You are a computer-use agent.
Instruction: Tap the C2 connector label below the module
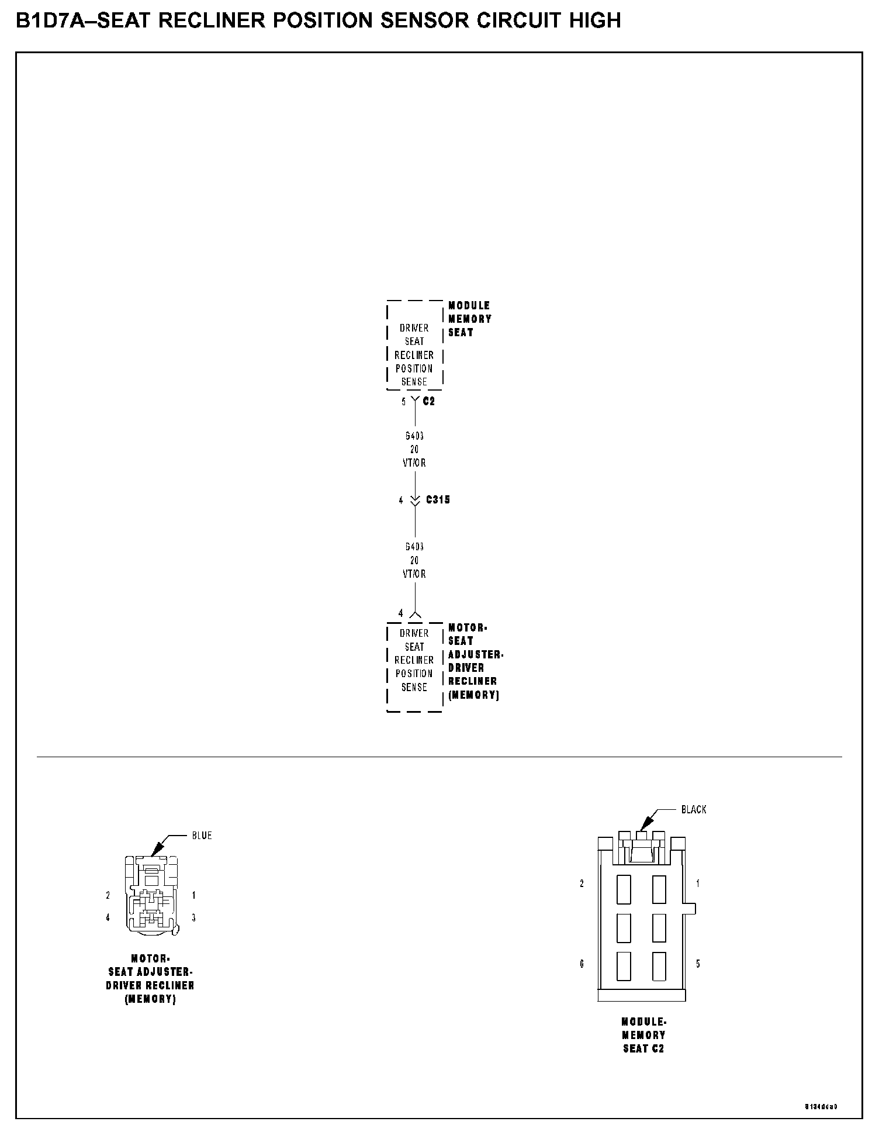tap(429, 401)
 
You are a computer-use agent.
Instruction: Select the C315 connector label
tap(438, 500)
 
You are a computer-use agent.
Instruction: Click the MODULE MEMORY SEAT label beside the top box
tap(469, 319)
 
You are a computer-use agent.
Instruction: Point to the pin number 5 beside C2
tap(403, 402)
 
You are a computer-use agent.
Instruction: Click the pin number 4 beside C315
tap(401, 501)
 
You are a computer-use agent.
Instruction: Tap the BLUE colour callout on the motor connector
tap(202, 836)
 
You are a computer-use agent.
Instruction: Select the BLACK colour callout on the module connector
tap(694, 809)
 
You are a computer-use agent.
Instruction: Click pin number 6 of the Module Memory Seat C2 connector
tap(582, 964)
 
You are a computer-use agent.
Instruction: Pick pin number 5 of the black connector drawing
tap(698, 964)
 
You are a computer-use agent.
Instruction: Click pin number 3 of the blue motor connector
tap(193, 918)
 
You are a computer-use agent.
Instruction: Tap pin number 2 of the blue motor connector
tap(108, 895)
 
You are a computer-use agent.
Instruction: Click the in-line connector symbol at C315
tap(415, 501)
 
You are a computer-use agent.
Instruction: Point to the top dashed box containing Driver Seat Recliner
tap(414, 346)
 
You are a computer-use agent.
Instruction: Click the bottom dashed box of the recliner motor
tap(414, 667)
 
